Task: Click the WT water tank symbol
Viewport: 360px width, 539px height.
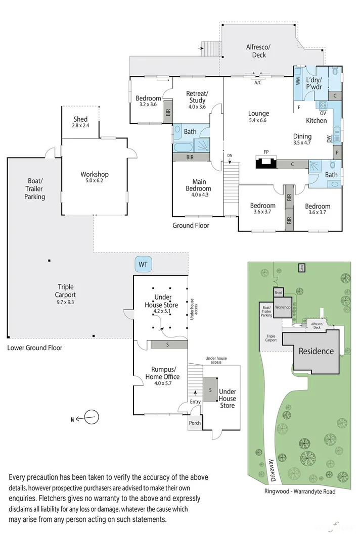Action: click(143, 263)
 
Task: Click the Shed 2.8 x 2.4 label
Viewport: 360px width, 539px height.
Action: click(80, 122)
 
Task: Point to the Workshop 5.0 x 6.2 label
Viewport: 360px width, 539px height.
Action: click(95, 178)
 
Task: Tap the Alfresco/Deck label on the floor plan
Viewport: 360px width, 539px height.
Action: click(258, 51)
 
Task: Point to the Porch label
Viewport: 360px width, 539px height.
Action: click(195, 423)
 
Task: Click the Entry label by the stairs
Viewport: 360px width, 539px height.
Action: click(195, 402)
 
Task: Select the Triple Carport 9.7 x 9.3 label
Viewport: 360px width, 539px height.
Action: click(66, 290)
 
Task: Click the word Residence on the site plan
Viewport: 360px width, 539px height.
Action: click(316, 351)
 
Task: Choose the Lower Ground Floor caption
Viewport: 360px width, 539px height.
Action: click(35, 348)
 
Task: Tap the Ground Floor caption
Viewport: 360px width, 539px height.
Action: click(191, 225)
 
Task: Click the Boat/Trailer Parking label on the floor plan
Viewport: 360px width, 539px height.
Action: click(35, 188)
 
